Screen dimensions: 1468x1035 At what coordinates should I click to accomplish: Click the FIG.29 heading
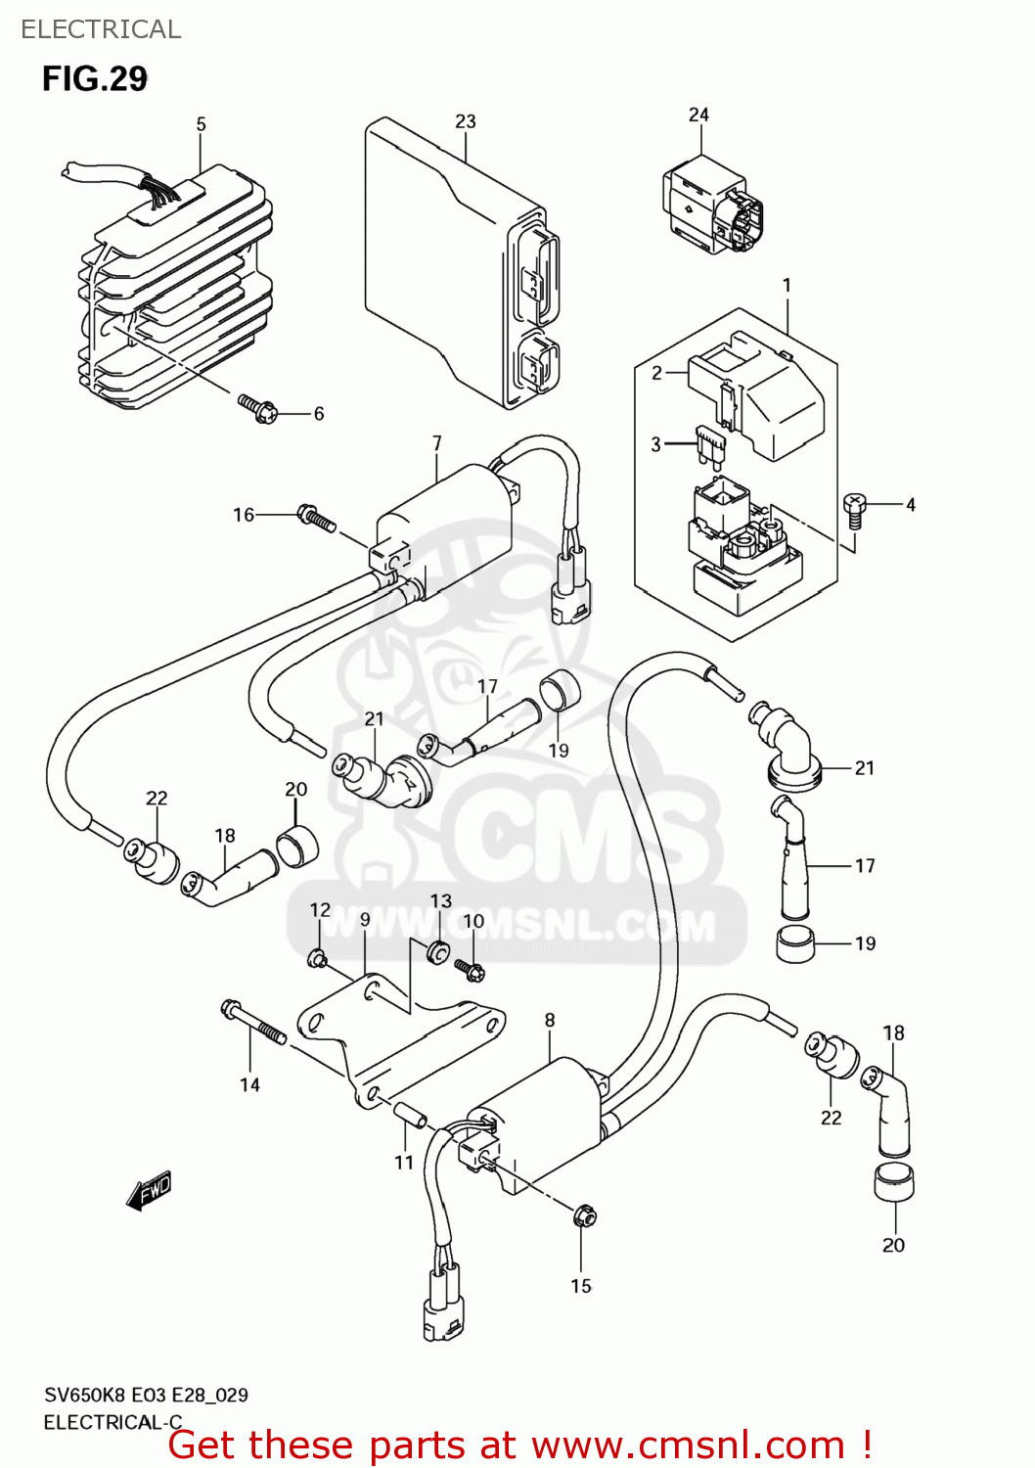coord(94,78)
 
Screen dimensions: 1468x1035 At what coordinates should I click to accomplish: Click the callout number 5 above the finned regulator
coord(201,124)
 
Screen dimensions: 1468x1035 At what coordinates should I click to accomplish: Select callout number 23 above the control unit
coord(466,121)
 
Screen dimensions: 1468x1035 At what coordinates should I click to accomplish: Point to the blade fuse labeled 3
coord(711,445)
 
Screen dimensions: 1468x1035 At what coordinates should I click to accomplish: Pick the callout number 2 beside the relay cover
coord(657,373)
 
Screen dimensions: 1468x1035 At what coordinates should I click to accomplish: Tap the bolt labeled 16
coord(316,518)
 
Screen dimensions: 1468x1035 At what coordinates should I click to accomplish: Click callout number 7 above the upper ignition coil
coord(437,443)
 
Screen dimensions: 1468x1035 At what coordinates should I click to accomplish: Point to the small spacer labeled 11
coord(410,1116)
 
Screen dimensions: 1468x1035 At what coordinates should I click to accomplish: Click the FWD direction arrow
coord(149,1191)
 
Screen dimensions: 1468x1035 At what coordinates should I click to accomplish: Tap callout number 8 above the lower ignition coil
coord(550,1020)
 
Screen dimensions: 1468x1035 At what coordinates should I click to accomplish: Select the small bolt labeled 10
coord(471,970)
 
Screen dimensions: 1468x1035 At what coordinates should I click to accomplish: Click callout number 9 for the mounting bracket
coord(365,919)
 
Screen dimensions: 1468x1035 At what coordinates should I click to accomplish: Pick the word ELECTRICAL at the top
coord(101,29)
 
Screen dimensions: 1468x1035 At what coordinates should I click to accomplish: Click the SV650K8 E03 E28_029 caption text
coord(146,1395)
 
